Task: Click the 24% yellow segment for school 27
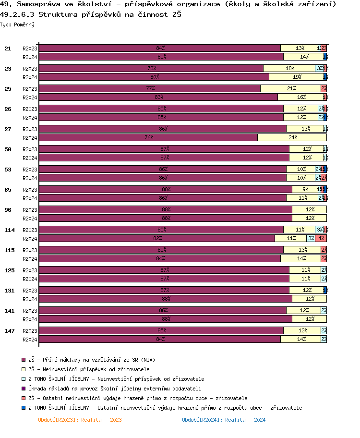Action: coord(292,137)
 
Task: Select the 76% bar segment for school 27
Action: coord(148,137)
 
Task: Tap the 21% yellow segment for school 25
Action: coord(290,88)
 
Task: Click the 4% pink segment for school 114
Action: coord(321,238)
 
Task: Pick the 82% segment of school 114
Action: coord(157,238)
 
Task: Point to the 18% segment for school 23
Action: coord(289,68)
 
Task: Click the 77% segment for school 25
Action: coord(150,88)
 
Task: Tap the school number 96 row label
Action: coord(8,210)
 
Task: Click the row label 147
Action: coord(10,331)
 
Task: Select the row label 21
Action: coord(8,49)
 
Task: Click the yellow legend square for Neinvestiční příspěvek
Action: coord(23,369)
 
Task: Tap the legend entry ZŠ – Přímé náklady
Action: coord(92,359)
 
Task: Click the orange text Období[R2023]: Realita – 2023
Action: coord(80,420)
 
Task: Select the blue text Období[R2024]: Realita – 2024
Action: coord(223,420)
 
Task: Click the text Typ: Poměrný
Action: coord(17,24)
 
